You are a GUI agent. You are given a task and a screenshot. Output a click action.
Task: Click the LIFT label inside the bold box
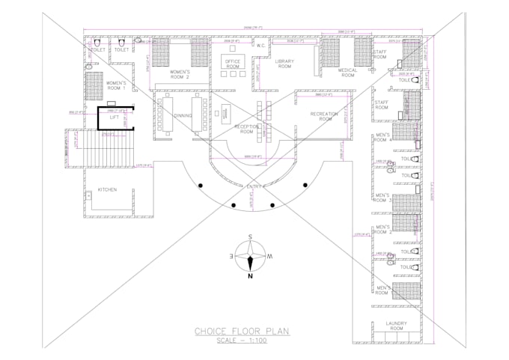pyautogui.click(x=115, y=118)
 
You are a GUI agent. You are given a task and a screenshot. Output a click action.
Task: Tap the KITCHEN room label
pyautogui.click(x=107, y=190)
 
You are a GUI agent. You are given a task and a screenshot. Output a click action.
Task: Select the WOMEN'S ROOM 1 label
pyautogui.click(x=115, y=85)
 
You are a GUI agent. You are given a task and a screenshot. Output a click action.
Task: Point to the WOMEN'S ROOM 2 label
pyautogui.click(x=178, y=75)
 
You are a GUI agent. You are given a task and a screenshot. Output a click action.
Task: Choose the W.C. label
pyautogui.click(x=260, y=46)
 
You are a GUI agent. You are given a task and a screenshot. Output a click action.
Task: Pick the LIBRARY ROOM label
pyautogui.click(x=284, y=64)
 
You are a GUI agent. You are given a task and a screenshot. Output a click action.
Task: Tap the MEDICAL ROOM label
pyautogui.click(x=348, y=73)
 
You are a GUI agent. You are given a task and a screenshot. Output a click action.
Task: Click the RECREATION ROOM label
pyautogui.click(x=325, y=117)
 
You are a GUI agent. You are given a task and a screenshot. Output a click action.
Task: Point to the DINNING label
pyautogui.click(x=183, y=116)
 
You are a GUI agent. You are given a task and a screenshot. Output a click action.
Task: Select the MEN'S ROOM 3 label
pyautogui.click(x=382, y=198)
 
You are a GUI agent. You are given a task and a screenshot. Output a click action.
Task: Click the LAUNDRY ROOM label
pyautogui.click(x=396, y=326)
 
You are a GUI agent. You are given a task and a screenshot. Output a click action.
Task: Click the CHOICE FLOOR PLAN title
pyautogui.click(x=242, y=330)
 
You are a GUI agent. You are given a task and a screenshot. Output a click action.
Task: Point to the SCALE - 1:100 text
pyautogui.click(x=242, y=341)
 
